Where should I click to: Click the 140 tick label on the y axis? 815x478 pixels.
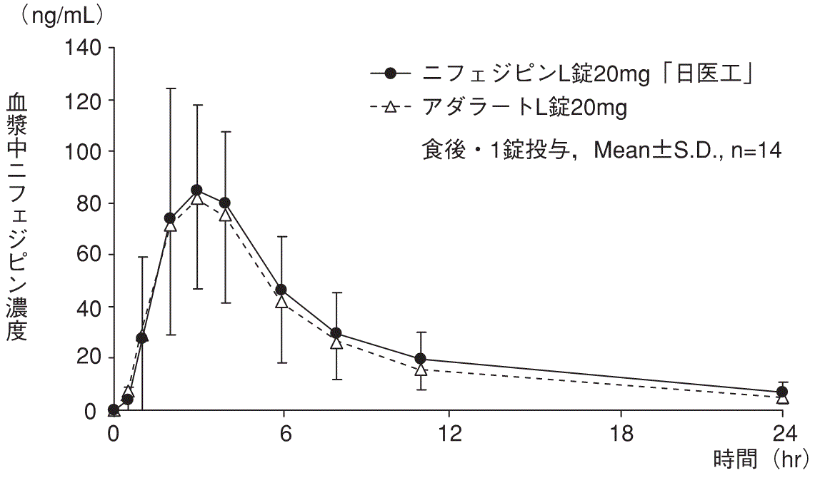(84, 49)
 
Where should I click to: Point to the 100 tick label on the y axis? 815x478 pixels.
(84, 152)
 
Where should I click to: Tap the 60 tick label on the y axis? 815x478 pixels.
(89, 255)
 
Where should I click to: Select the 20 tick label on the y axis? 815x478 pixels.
(89, 358)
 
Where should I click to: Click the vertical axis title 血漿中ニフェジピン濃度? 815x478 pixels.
(17, 218)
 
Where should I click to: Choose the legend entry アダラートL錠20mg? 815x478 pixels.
(524, 108)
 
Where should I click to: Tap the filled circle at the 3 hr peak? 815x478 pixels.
(196, 190)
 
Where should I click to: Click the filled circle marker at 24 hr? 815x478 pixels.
(783, 392)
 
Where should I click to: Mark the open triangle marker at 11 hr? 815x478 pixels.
(421, 370)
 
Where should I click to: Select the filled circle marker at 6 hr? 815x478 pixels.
(281, 290)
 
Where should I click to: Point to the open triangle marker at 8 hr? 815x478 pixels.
(336, 342)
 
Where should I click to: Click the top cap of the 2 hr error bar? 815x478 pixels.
(170, 88)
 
